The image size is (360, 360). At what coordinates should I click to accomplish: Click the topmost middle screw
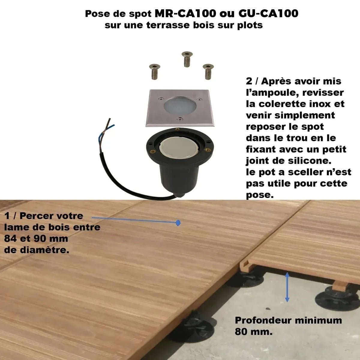pyautogui.click(x=187, y=59)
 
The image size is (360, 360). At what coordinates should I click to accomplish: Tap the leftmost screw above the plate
pyautogui.click(x=154, y=72)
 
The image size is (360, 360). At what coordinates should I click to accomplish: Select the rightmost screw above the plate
pyautogui.click(x=207, y=71)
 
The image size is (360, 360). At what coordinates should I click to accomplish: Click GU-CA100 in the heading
pyautogui.click(x=268, y=13)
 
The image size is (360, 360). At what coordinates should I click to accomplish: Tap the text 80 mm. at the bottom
pyautogui.click(x=253, y=332)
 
